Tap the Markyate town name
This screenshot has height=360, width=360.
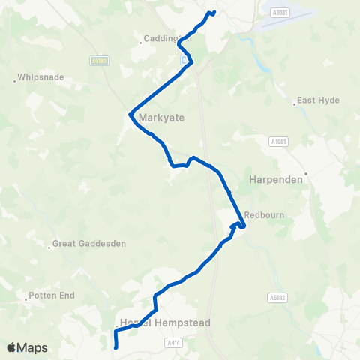click(x=160, y=118)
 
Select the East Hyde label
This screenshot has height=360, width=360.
click(x=319, y=100)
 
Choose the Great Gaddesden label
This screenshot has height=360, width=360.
click(x=88, y=244)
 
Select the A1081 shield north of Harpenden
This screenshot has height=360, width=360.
click(x=278, y=140)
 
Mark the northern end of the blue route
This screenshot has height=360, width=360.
click(x=214, y=12)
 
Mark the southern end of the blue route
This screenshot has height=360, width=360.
click(x=115, y=347)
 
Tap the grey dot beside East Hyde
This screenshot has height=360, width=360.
click(x=295, y=104)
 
